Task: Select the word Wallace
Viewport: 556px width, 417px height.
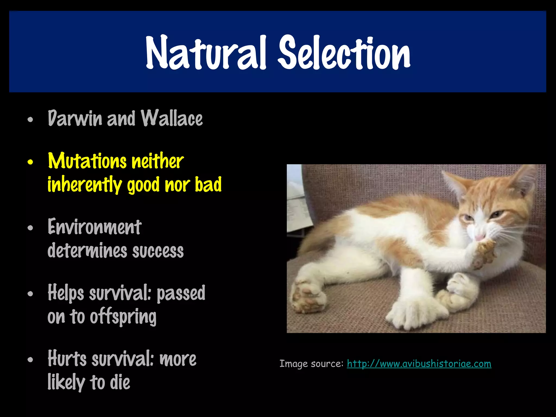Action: [172, 118]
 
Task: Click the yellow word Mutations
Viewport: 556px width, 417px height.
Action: [87, 161]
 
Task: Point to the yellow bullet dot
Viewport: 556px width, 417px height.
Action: [30, 162]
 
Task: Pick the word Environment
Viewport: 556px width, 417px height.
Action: [94, 227]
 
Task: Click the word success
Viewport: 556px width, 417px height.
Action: [158, 251]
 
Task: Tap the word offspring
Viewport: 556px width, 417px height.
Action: [123, 317]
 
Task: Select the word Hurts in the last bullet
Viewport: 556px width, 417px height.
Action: [67, 359]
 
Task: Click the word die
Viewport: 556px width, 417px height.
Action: [120, 382]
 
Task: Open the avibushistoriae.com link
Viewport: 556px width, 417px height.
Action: [419, 364]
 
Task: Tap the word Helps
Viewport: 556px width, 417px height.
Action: [66, 293]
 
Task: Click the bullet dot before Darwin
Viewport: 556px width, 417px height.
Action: [30, 119]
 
